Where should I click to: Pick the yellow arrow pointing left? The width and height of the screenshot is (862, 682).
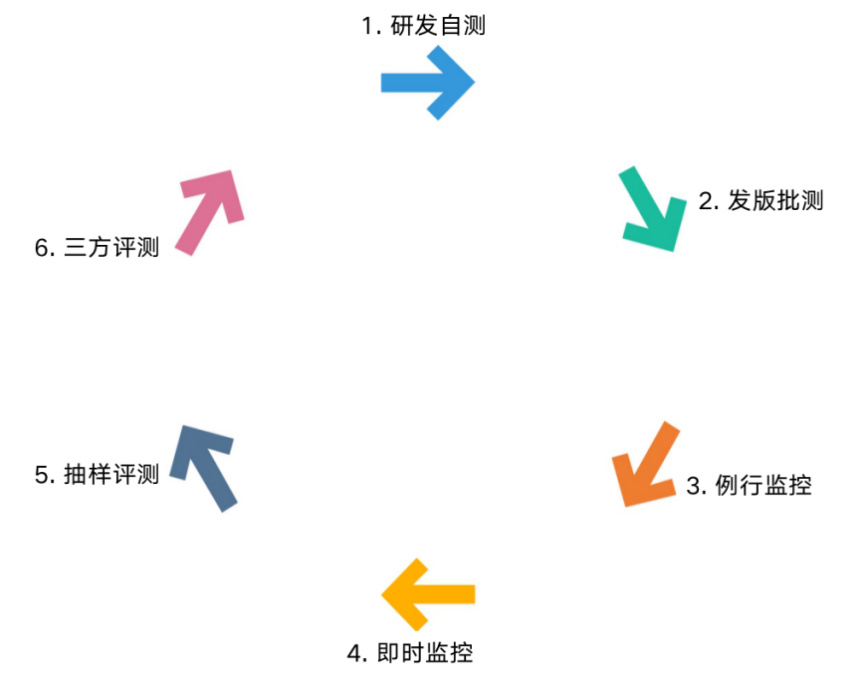click(x=429, y=594)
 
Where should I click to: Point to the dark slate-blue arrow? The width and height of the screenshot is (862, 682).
click(x=204, y=467)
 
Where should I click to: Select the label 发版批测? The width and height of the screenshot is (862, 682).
click(x=775, y=200)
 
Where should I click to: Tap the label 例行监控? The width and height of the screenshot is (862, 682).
click(x=763, y=486)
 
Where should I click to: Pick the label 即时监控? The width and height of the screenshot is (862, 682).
click(x=425, y=653)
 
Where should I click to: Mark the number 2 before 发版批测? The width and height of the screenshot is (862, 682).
click(x=706, y=201)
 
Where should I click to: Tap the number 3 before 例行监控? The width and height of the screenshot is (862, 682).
click(x=694, y=487)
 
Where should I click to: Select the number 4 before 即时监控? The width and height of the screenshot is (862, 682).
click(x=354, y=654)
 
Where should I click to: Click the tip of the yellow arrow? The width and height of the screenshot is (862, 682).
click(x=383, y=594)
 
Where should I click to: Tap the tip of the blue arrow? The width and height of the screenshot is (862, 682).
click(x=474, y=83)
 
